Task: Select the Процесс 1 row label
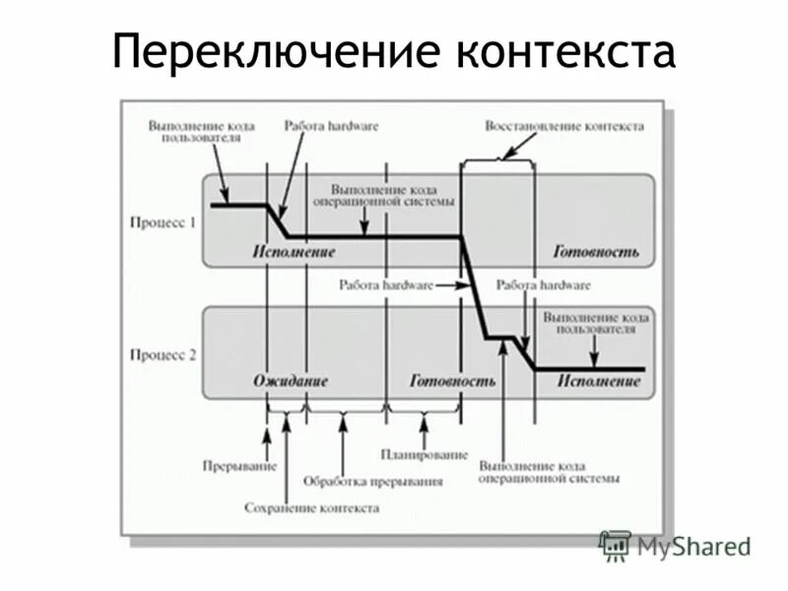click(x=164, y=223)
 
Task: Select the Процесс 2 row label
click(x=164, y=355)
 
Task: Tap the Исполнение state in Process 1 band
click(x=293, y=252)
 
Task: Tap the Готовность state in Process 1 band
click(x=595, y=252)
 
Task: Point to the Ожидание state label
click(x=290, y=381)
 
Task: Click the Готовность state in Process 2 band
click(x=452, y=381)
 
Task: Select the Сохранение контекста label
click(x=311, y=508)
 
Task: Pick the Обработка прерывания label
click(x=372, y=483)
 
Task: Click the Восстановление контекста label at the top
click(x=564, y=126)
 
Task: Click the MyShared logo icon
click(x=616, y=545)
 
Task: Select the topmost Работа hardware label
click(x=331, y=126)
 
